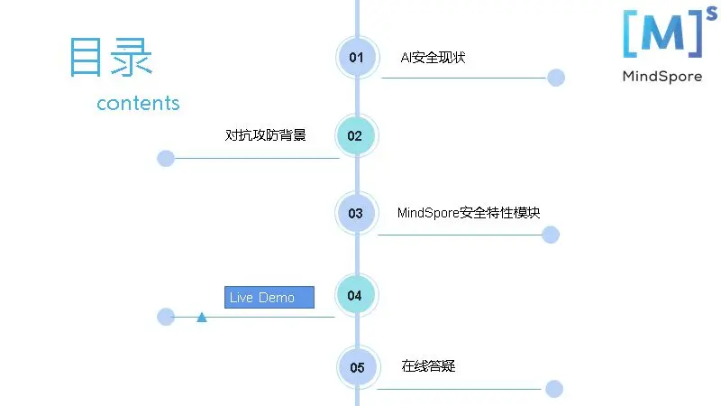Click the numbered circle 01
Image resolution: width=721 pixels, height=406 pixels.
357,58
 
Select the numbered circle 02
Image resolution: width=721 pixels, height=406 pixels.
355,136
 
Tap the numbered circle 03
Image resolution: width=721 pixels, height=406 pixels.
356,214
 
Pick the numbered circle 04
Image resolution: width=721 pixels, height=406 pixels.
355,295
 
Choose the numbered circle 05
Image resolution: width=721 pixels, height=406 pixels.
358,367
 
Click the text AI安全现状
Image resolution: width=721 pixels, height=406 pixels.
433,58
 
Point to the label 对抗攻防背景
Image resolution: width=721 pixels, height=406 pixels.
265,135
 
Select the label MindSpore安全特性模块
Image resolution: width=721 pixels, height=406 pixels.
469,214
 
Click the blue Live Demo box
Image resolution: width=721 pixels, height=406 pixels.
269,298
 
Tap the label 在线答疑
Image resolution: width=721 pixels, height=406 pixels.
428,366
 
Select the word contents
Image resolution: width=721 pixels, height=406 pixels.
138,103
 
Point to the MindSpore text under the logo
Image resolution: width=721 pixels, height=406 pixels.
662,77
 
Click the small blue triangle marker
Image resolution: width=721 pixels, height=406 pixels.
202,317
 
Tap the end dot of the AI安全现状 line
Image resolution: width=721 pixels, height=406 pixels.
556,78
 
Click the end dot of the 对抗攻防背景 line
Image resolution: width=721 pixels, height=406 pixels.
166,159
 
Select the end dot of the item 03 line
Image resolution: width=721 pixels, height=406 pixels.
551,235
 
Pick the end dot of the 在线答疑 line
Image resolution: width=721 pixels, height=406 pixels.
554,389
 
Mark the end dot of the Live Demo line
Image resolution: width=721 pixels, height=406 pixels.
166,317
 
